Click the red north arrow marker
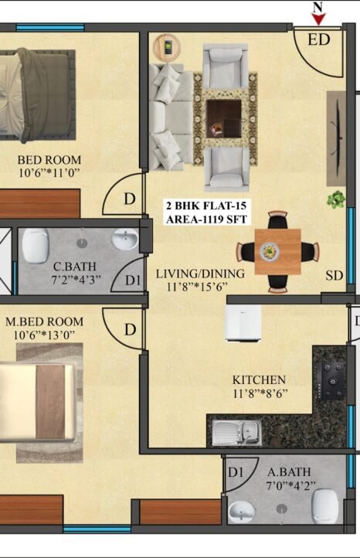(x=318, y=19)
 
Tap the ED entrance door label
(x=319, y=39)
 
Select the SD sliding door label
(x=335, y=275)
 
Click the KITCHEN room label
(x=259, y=379)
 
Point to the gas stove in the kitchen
(x=332, y=380)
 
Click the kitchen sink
(x=237, y=432)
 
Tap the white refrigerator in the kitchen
(x=243, y=323)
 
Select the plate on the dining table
(x=270, y=252)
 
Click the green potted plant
(x=336, y=199)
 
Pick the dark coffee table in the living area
(x=224, y=118)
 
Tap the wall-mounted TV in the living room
(x=337, y=138)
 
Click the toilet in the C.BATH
(x=36, y=246)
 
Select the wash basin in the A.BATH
(x=243, y=512)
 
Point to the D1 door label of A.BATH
(x=236, y=472)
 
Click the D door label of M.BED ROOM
(x=131, y=329)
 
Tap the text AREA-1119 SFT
(x=206, y=219)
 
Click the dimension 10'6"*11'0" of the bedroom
(x=49, y=173)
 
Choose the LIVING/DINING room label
(x=200, y=274)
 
